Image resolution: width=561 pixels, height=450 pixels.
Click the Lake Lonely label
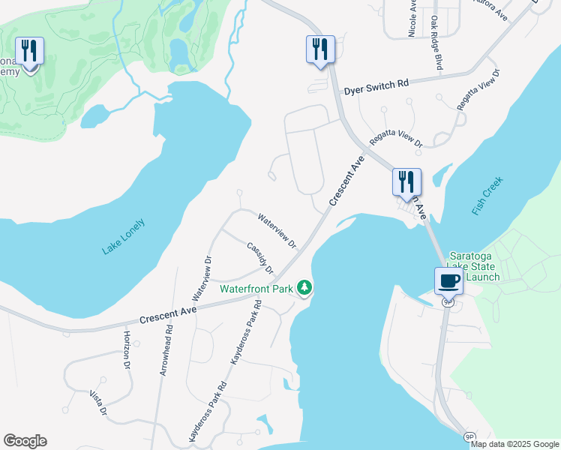(x=123, y=237)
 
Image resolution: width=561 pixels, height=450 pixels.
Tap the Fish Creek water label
(x=487, y=196)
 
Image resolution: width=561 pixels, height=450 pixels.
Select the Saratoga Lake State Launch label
(x=473, y=266)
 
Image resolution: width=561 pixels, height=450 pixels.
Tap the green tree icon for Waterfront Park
(x=304, y=286)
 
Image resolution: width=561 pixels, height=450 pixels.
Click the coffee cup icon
(x=448, y=280)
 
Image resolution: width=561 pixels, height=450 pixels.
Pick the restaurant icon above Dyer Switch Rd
(x=319, y=49)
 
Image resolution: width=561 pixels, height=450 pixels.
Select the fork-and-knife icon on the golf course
(x=29, y=51)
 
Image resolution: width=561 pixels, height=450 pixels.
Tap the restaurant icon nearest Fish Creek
(x=406, y=181)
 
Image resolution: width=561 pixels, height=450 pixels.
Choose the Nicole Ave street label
(x=412, y=18)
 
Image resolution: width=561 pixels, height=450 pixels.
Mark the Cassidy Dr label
(x=260, y=257)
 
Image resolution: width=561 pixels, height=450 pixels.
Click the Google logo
(x=25, y=441)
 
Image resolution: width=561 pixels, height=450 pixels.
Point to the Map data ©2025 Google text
(x=514, y=444)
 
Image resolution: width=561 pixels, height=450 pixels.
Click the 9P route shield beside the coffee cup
(x=448, y=301)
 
